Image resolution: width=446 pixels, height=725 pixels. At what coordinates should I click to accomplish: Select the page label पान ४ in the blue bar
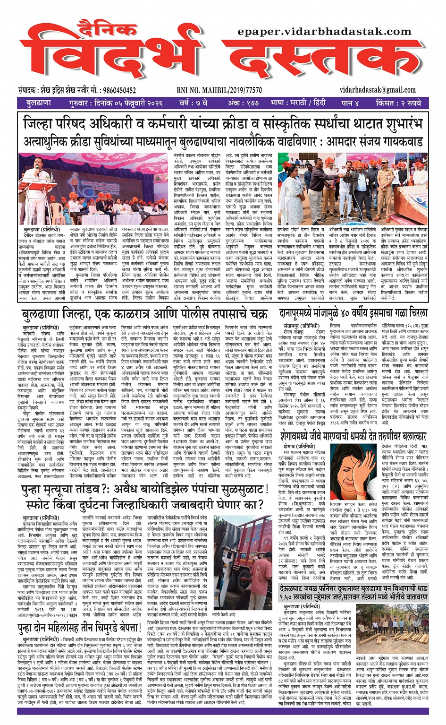pyautogui.click(x=350, y=103)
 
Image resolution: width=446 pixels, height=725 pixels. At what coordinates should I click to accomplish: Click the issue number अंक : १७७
pyautogui.click(x=243, y=103)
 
